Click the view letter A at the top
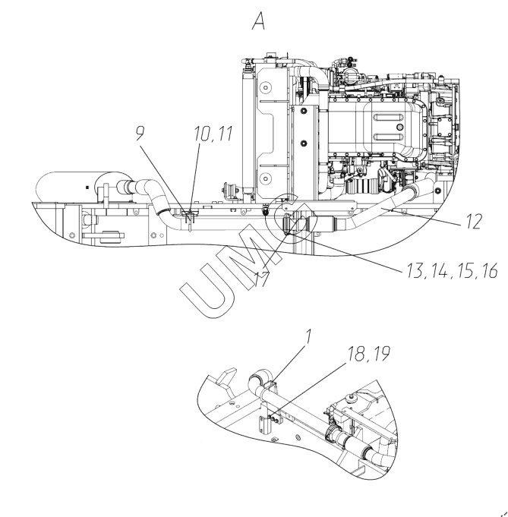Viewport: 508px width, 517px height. click(x=258, y=24)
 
